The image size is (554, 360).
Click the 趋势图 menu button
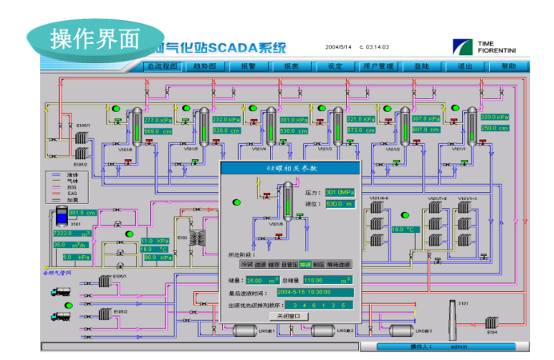pos(205,66)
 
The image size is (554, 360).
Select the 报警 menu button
pos(248,66)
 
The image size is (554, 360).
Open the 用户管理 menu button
pos(378,66)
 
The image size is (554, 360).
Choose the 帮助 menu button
pos(508,66)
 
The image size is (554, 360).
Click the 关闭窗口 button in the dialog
pos(289,316)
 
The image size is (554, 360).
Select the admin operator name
pos(458,346)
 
